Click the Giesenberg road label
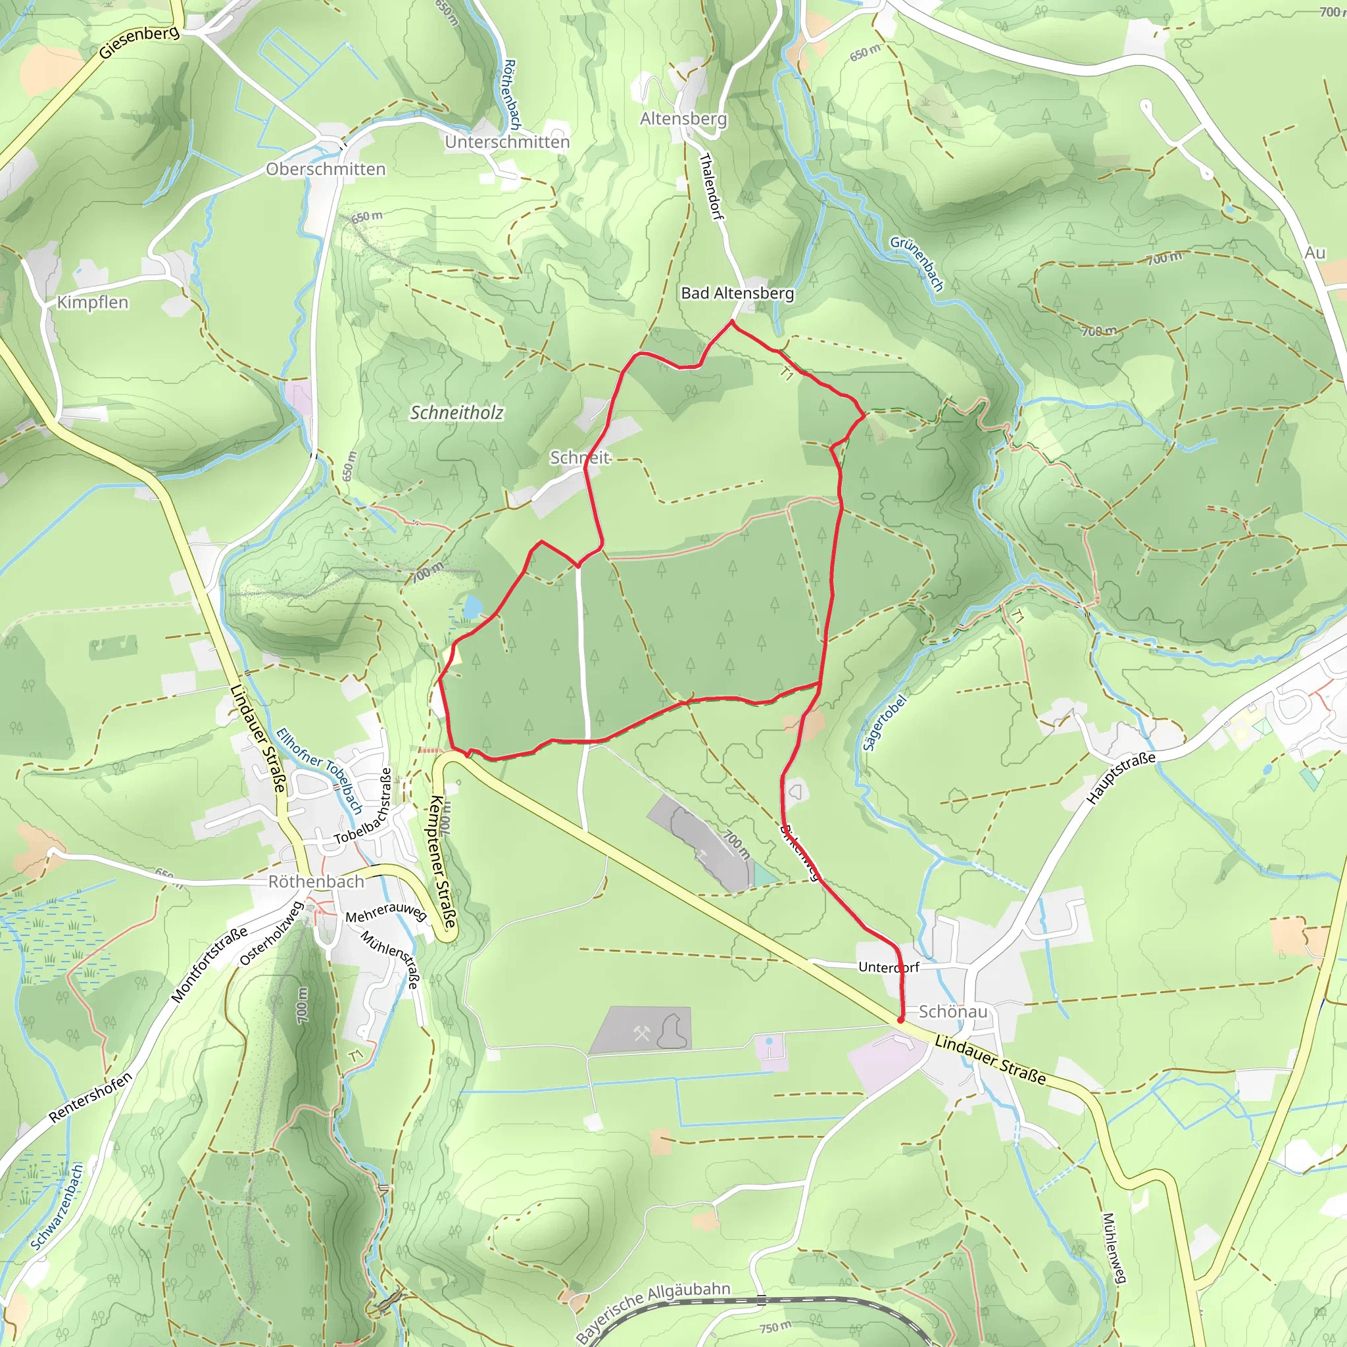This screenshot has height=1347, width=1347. (139, 43)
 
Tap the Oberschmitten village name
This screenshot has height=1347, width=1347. (326, 169)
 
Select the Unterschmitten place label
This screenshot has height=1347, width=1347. (507, 141)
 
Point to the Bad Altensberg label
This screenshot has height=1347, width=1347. (737, 293)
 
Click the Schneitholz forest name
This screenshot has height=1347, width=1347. (456, 413)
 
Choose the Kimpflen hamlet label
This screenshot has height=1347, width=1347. (92, 302)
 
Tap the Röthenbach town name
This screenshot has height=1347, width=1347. (316, 881)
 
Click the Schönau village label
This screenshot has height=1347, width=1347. (952, 1011)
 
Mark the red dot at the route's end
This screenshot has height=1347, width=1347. (900, 1019)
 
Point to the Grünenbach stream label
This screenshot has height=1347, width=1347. (917, 263)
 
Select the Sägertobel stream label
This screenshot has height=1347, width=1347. (885, 722)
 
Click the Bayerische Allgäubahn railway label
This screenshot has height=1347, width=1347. (652, 1311)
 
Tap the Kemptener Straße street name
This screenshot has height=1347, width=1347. (443, 861)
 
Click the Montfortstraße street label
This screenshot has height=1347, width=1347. (209, 964)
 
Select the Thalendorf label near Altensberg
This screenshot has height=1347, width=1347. (710, 186)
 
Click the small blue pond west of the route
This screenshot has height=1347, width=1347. (472, 606)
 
